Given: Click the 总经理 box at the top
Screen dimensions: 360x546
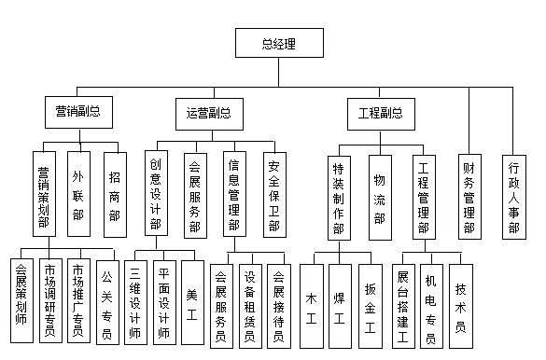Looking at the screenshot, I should coord(279,43).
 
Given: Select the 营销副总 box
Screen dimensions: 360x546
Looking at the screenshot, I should coord(78,113).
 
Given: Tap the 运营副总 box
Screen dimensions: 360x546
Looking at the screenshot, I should coord(203,113).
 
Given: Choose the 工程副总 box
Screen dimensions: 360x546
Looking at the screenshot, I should coord(381,113).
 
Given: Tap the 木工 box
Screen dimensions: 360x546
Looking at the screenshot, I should coord(313,302).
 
